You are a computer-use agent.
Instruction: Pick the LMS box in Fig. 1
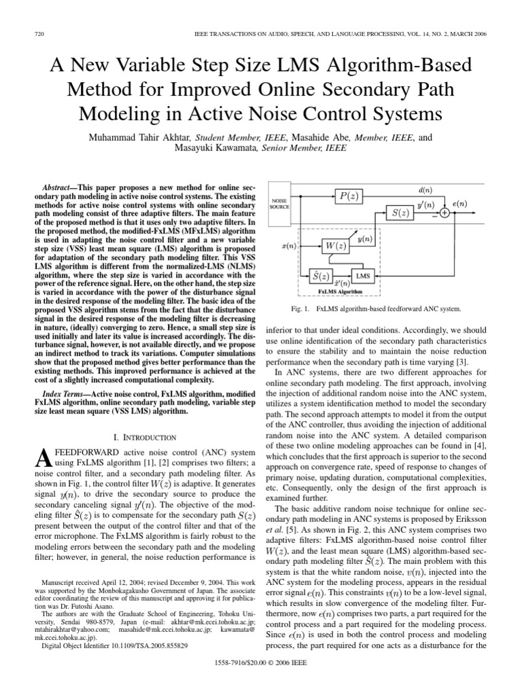click(363, 276)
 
